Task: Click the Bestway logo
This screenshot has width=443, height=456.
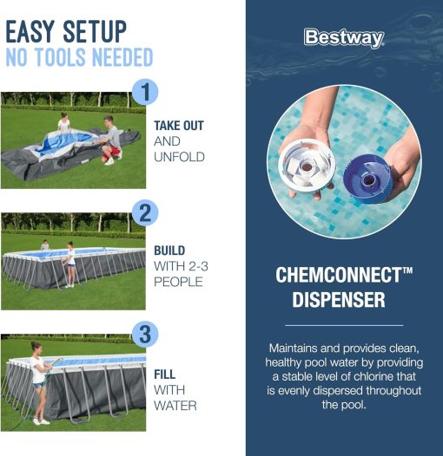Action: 344,38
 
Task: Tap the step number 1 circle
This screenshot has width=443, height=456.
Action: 145,92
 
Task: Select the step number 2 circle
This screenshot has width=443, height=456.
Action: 145,213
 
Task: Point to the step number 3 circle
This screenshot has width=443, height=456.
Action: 145,334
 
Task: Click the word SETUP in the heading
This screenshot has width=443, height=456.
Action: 95,31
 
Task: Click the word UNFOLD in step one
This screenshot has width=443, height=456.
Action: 179,157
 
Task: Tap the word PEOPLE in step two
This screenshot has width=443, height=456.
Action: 178,282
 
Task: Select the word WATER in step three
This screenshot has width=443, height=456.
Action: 175,406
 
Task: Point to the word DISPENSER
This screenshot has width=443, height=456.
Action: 339,300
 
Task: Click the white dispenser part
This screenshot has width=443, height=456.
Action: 307,166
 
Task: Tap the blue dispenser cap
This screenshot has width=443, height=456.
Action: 368,179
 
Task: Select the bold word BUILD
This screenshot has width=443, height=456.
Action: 169,251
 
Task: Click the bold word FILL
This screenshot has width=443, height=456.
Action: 165,375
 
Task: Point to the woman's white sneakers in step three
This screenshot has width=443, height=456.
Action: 41,420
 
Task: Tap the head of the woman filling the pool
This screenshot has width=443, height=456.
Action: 36,346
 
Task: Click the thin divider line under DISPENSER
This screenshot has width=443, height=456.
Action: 344,325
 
